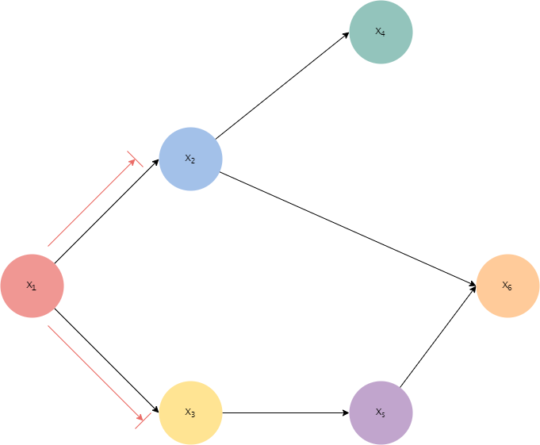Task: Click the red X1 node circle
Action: pyautogui.click(x=32, y=286)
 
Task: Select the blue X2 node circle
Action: pyautogui.click(x=190, y=159)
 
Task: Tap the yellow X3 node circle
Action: pyautogui.click(x=190, y=412)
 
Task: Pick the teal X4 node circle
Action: pyautogui.click(x=381, y=32)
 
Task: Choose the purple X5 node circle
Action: pyautogui.click(x=381, y=412)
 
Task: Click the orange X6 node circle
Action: pyautogui.click(x=507, y=286)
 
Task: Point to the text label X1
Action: pyautogui.click(x=32, y=286)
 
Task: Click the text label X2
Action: pyautogui.click(x=190, y=159)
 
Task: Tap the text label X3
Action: pyautogui.click(x=190, y=412)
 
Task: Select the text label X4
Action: pyautogui.click(x=381, y=32)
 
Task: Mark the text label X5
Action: pyautogui.click(x=381, y=412)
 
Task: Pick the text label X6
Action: pyautogui.click(x=507, y=286)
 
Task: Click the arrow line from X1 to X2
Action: pyautogui.click(x=91, y=203)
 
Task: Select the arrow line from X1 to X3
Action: pyautogui.click(x=94, y=370)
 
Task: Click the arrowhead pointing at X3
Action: pyautogui.click(x=139, y=416)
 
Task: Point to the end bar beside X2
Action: pyautogui.click(x=136, y=159)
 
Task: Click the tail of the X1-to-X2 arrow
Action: pyautogui.click(x=49, y=245)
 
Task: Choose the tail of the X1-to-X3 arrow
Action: pyautogui.click(x=49, y=326)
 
